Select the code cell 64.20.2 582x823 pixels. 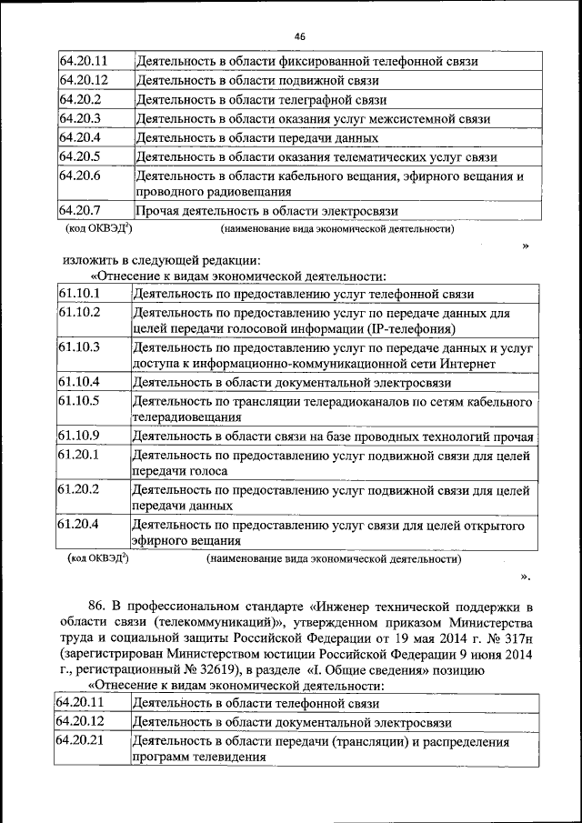[x=80, y=99]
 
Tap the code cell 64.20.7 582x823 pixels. [x=80, y=211]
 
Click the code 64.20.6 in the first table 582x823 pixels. [x=80, y=176]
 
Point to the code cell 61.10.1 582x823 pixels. [x=79, y=293]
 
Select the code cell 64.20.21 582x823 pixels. [x=80, y=741]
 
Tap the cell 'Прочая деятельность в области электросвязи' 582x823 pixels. [x=267, y=212]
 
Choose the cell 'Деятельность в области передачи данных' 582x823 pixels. [x=257, y=138]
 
